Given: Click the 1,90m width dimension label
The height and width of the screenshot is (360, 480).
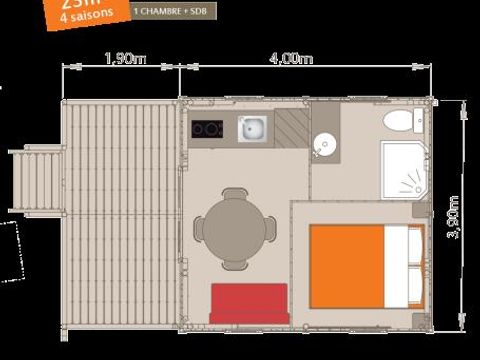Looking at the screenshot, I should [x=124, y=59].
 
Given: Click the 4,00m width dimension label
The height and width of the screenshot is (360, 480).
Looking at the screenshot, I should [x=291, y=59].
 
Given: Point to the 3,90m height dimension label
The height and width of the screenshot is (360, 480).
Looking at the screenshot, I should [x=452, y=216].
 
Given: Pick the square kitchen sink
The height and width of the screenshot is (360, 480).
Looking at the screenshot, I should [x=253, y=127].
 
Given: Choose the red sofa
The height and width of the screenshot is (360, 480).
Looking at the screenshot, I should [x=249, y=302].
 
